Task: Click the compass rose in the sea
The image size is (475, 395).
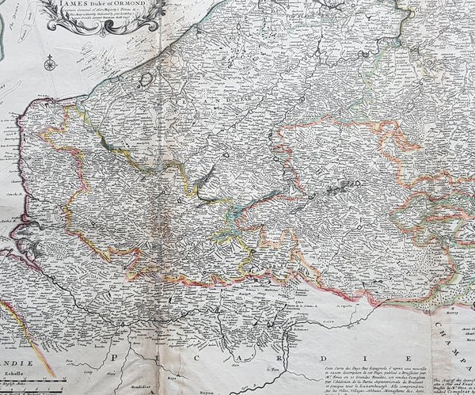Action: point(50,61)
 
